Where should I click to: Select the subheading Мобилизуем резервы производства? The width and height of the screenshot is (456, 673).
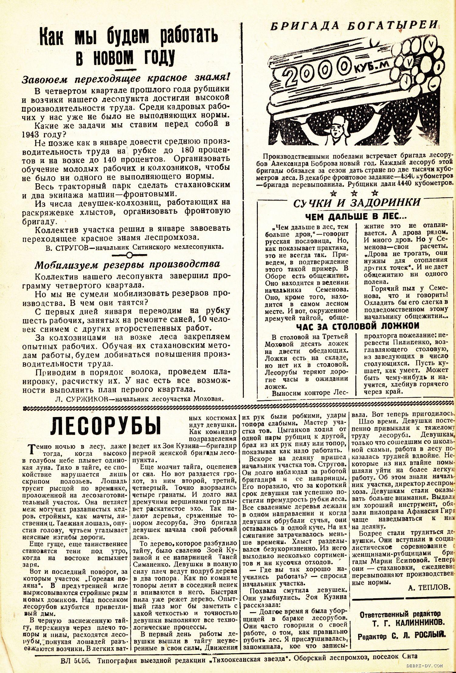point(127,264)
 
